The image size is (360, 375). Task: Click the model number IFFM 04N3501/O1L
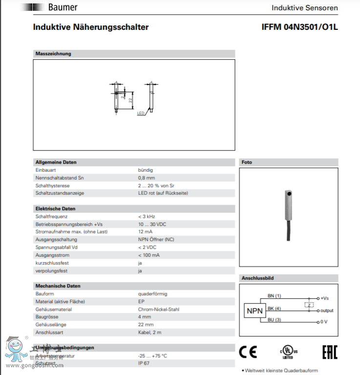pyautogui.click(x=299, y=27)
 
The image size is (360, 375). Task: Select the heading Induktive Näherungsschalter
pyautogui.click(x=91, y=27)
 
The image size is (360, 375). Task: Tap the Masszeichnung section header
pyautogui.click(x=53, y=54)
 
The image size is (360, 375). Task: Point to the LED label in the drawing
pyautogui.click(x=141, y=113)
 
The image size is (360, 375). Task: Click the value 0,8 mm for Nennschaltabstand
pyautogui.click(x=145, y=177)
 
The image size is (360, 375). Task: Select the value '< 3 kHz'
pyautogui.click(x=146, y=216)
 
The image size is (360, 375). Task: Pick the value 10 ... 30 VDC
pyautogui.click(x=152, y=224)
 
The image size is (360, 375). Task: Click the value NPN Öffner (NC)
pyautogui.click(x=156, y=240)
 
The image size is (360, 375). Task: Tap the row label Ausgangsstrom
pyautogui.click(x=52, y=255)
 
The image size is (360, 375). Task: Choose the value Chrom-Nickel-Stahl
pyautogui.click(x=159, y=309)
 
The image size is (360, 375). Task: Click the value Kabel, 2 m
pyautogui.click(x=149, y=332)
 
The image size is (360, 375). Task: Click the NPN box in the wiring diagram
pyautogui.click(x=254, y=310)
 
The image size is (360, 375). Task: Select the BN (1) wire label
pyautogui.click(x=274, y=296)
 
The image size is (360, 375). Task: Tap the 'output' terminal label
pyautogui.click(x=327, y=310)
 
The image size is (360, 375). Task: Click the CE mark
pyautogui.click(x=248, y=352)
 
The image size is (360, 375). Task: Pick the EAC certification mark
pyautogui.click(x=329, y=352)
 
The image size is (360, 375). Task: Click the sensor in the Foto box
pyautogui.click(x=289, y=210)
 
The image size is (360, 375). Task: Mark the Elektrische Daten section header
pyautogui.click(x=55, y=209)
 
